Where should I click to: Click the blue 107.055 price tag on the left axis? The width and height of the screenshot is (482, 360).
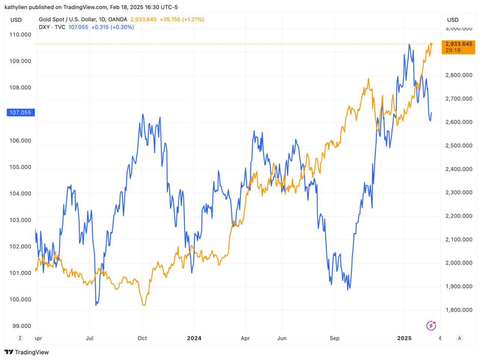[21, 112]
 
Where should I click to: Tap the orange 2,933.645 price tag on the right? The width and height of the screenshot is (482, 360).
[458, 47]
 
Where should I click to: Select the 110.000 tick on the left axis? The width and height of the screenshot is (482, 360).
[20, 35]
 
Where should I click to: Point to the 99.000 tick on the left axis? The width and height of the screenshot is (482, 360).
[22, 326]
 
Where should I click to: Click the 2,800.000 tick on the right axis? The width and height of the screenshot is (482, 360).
[458, 75]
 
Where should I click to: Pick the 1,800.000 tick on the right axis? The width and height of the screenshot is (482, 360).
[458, 310]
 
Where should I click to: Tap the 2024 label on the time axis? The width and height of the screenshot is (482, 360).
[194, 338]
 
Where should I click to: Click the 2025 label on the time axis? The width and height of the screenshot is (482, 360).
[404, 338]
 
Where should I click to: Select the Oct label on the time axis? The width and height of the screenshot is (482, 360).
[142, 338]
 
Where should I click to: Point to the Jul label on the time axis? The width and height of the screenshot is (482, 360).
[90, 338]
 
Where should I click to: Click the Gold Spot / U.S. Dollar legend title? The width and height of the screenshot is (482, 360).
[83, 19]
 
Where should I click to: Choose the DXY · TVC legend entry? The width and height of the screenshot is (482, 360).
[52, 27]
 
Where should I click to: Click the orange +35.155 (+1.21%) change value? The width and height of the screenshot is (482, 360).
[182, 19]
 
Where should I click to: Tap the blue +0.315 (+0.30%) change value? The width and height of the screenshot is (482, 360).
[112, 27]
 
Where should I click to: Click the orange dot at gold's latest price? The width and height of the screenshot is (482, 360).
[431, 44]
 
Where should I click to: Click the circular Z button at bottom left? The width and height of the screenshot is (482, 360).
[20, 338]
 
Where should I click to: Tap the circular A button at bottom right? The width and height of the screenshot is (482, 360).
[459, 338]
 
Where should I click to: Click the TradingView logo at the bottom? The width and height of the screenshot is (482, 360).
[26, 352]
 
